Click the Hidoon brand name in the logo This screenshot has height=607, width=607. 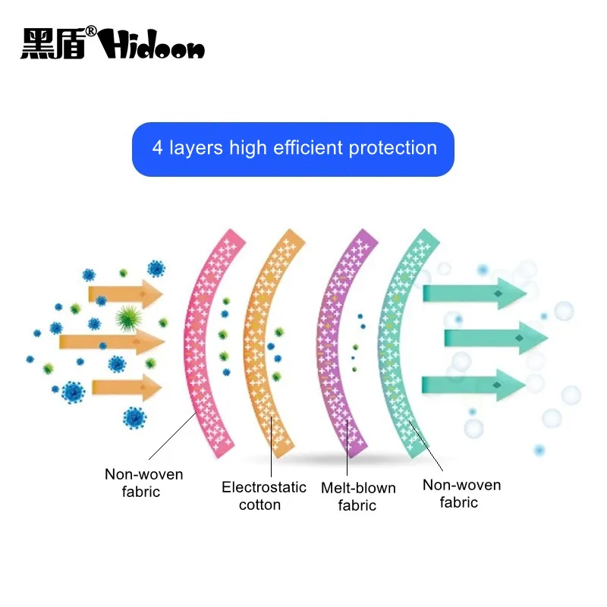152,46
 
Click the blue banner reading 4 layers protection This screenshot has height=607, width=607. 293,149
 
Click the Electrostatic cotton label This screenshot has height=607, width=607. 264,495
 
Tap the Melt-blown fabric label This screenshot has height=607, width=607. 358,496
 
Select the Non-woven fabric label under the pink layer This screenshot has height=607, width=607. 143,483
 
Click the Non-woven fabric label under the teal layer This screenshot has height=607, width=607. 461,493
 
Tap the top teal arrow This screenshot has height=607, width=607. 474,292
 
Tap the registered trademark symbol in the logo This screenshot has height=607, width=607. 90,32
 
